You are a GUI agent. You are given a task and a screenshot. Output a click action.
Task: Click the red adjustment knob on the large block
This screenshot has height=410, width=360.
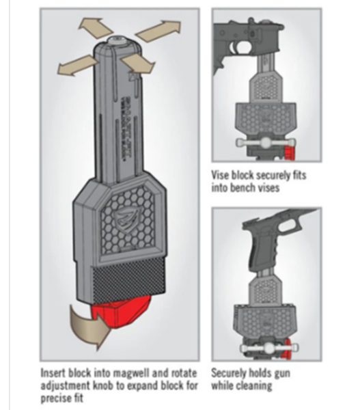click(121, 314)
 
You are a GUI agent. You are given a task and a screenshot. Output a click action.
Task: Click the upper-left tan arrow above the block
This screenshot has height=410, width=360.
click(94, 28)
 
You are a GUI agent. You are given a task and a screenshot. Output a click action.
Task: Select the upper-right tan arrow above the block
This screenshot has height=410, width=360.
click(159, 31)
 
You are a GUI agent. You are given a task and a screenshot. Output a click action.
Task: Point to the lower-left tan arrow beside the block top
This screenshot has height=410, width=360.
click(77, 66)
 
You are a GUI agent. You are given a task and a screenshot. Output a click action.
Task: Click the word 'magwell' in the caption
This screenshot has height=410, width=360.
click(128, 373)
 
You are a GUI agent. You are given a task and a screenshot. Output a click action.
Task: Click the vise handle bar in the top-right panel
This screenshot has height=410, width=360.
click(264, 143)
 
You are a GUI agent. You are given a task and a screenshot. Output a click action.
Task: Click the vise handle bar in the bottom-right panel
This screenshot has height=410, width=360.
click(268, 348)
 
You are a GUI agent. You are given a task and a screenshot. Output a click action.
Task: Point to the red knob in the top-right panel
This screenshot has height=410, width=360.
click(289, 153)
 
